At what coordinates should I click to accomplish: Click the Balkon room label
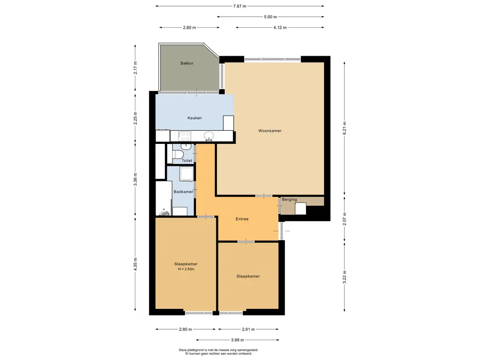(x=187, y=63)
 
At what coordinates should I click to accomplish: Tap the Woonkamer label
(x=270, y=131)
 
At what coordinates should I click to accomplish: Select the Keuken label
(x=195, y=118)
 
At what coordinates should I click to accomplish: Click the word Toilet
(x=187, y=160)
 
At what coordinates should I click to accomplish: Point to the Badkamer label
(x=183, y=192)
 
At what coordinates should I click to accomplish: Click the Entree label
(x=242, y=219)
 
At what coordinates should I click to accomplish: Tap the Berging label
(x=289, y=200)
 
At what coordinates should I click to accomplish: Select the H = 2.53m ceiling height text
(x=186, y=269)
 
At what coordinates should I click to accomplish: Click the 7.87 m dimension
(x=240, y=6)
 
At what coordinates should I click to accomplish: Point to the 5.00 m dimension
(x=270, y=17)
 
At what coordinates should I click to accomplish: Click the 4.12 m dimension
(x=280, y=28)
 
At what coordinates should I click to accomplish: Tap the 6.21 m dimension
(x=345, y=128)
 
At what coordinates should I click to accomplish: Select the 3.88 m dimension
(x=238, y=340)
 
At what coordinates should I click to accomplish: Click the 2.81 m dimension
(x=248, y=330)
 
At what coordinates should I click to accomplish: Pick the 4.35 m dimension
(x=135, y=264)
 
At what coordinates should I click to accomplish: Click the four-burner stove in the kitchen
(x=185, y=136)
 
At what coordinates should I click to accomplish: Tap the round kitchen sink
(x=209, y=135)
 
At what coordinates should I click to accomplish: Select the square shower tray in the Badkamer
(x=187, y=174)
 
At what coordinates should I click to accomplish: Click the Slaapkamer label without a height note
(x=248, y=276)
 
